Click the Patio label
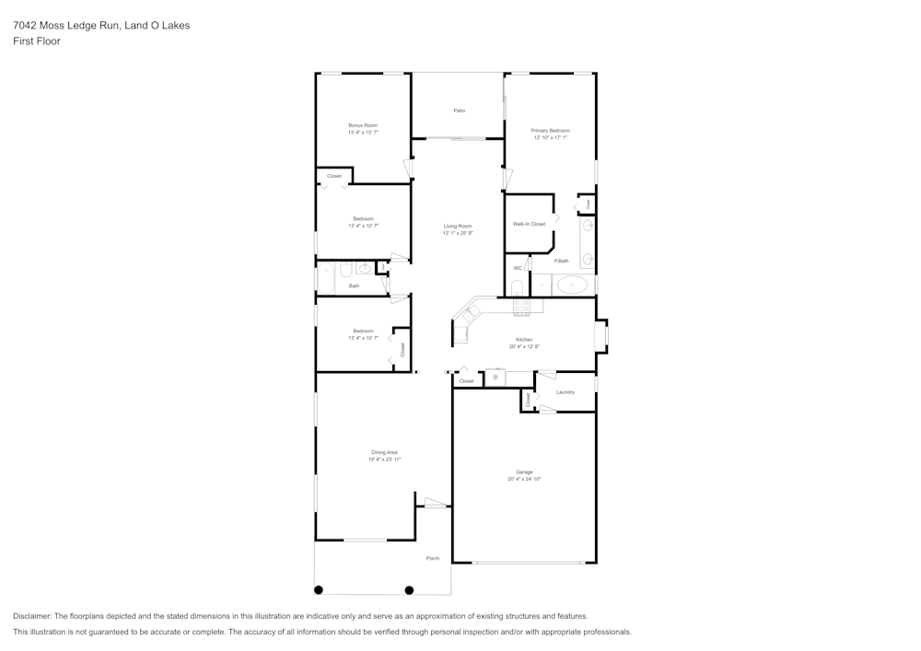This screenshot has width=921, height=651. point(459,110)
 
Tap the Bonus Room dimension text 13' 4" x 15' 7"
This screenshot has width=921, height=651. point(363,133)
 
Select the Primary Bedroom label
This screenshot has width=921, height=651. point(551,131)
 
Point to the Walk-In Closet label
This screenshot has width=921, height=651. point(529,224)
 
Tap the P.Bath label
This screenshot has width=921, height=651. point(561,262)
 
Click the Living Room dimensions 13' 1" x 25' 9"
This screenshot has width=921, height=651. point(458,234)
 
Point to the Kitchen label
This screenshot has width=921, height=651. point(524,340)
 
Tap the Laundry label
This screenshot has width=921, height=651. point(565,392)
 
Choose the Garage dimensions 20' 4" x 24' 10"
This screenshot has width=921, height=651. point(524,480)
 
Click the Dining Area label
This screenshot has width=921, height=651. point(384,452)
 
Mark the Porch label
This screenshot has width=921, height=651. point(432,559)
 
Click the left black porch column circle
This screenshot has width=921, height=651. point(320,590)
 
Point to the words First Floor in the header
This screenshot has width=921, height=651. point(37,41)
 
